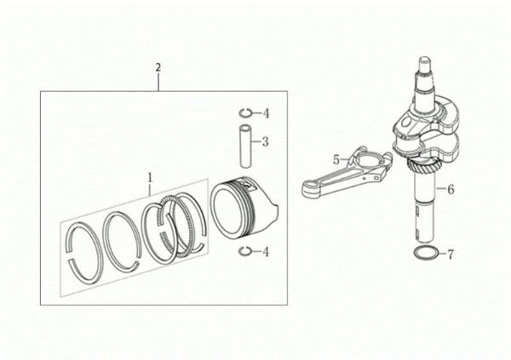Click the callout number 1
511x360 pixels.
tap(150, 178)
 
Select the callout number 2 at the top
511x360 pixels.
tap(158, 66)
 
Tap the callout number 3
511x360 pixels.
tap(266, 141)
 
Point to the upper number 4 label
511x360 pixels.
tap(266, 113)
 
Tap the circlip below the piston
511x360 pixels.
tap(244, 250)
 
